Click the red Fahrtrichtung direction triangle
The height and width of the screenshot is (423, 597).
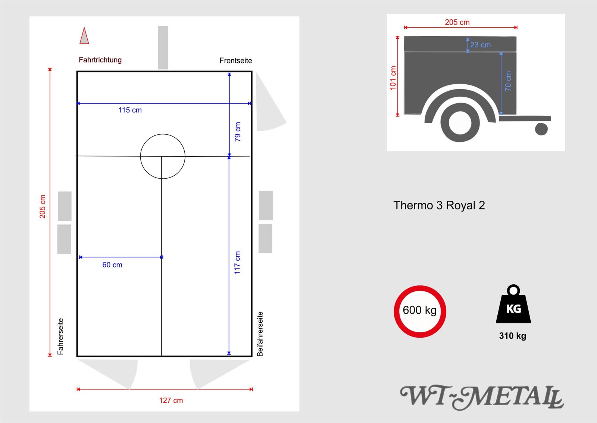pos(84,37)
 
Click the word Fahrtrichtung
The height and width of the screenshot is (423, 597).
pos(100,60)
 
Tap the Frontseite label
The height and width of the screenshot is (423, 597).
pos(235,60)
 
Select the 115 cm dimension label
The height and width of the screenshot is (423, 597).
pos(130,110)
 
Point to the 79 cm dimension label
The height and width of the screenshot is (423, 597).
pos(238,132)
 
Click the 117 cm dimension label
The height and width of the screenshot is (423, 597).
pos(237,263)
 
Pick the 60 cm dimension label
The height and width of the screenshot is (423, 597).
pos(112,265)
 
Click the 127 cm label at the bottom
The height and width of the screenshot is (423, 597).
pos(171,400)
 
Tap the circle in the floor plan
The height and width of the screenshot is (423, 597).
pos(163,156)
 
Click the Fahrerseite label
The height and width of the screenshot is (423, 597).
pos(60,336)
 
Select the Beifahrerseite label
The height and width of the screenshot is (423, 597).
pos(260,334)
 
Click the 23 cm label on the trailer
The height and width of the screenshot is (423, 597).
pos(480,45)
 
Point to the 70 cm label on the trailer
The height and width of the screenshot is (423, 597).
pos(508,81)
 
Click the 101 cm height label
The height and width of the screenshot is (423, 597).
pos(393,78)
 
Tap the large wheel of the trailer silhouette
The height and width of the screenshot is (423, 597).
pos(460,122)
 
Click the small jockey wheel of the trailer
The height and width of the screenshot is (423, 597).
pos(541,129)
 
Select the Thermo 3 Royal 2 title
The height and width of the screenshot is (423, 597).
pos(439,206)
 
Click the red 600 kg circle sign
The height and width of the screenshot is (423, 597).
pos(420,311)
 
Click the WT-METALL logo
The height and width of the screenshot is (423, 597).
pos(481,397)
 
